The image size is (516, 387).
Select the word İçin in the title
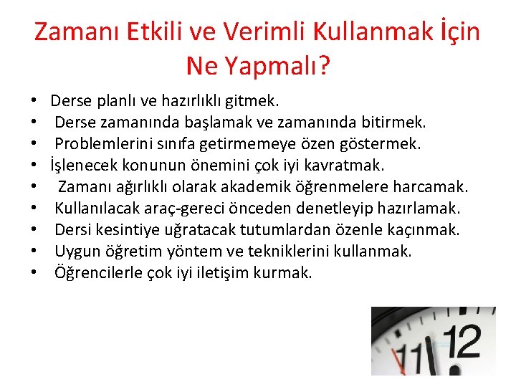[x=454, y=32]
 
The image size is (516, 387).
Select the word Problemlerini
[x=99, y=144]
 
